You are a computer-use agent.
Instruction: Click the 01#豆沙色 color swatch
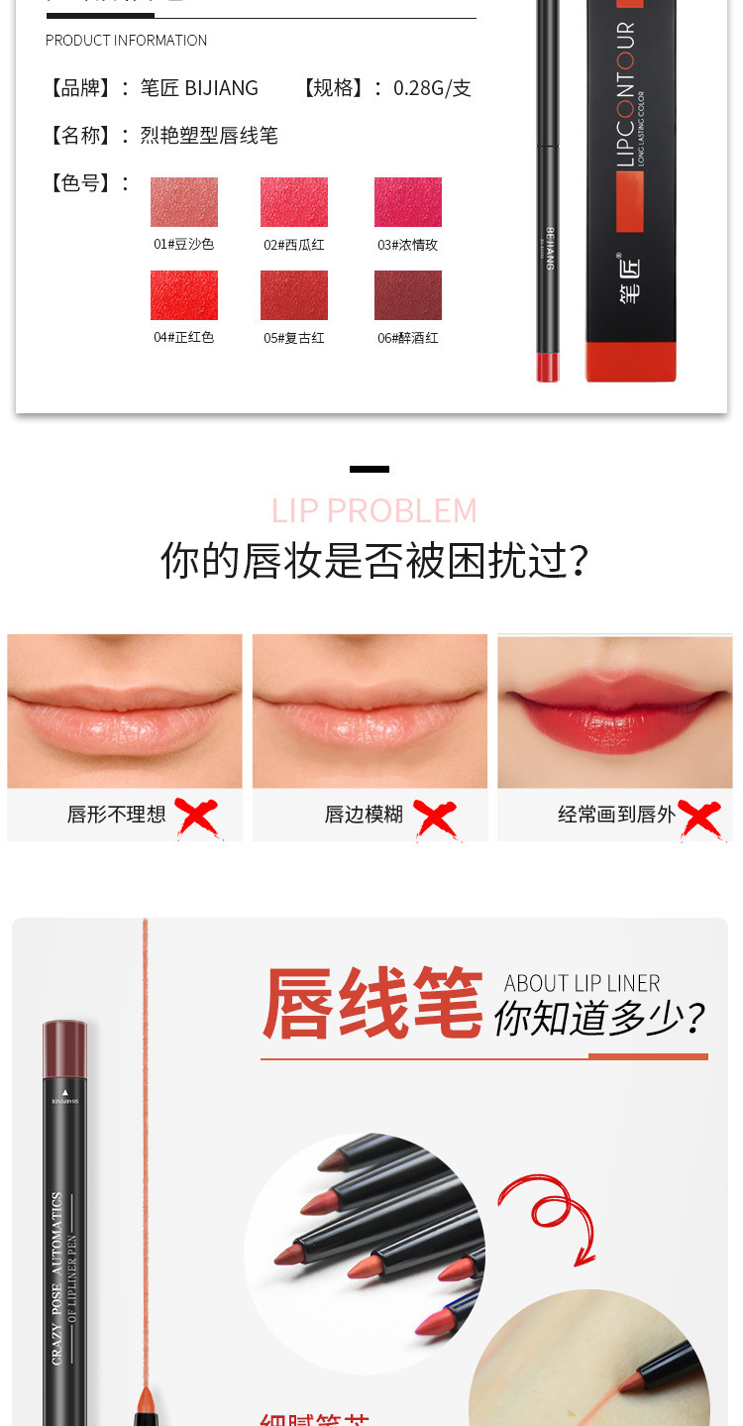point(184,202)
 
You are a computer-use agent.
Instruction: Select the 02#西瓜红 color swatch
point(294,202)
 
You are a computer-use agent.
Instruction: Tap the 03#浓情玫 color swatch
point(407,202)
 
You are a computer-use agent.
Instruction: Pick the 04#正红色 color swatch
point(184,295)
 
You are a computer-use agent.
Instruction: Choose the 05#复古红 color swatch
point(294,295)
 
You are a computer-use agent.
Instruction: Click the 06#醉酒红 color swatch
point(407,295)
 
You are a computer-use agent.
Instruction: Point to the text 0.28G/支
point(432,88)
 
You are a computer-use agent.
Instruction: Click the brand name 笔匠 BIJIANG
point(199,88)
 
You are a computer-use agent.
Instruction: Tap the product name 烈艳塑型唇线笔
point(209,136)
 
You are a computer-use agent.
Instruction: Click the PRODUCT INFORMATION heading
point(126,41)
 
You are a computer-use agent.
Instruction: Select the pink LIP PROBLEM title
point(373,510)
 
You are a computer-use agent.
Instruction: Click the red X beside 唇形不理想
point(197,818)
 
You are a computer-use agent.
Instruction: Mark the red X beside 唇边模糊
point(436,820)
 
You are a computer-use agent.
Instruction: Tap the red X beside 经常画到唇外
point(700,820)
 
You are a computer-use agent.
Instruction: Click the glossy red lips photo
point(614,712)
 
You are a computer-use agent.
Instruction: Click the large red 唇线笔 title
point(372,1004)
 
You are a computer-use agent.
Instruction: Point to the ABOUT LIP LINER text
point(582,983)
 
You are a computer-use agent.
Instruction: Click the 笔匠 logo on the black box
point(630,279)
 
